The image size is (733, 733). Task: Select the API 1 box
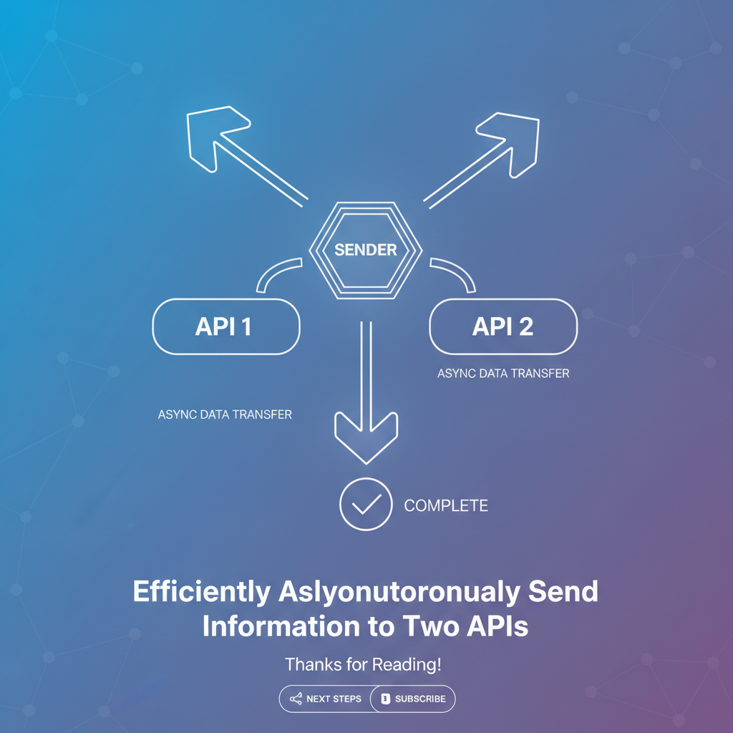pos(226,326)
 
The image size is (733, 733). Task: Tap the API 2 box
pos(503,326)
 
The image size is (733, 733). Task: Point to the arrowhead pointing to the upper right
pos(510,142)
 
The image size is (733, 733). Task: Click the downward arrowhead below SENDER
pos(366,437)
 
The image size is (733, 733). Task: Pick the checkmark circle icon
pos(366,504)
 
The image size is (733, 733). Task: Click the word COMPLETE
pos(446,505)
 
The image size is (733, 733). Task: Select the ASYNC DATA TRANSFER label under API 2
pos(503,374)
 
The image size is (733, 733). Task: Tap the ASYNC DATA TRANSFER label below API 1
pos(225,414)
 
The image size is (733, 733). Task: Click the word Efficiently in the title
pos(202,591)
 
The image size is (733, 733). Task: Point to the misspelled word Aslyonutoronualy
pos(399,592)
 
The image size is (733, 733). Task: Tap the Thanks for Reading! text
pos(363,664)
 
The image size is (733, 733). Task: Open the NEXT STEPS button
pos(326,699)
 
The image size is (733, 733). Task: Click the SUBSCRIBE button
pos(413,699)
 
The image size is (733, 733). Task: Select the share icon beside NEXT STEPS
pos(296,699)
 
